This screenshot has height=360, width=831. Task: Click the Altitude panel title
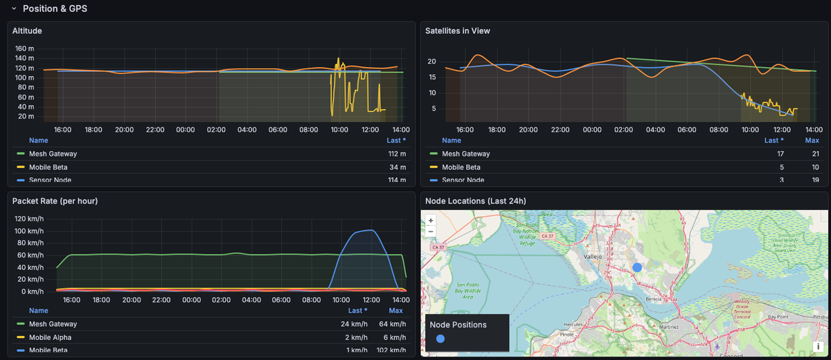click(27, 30)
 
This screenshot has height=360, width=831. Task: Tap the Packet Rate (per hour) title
click(55, 201)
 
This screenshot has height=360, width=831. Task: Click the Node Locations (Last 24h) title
click(475, 201)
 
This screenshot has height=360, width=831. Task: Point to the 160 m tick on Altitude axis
click(25, 49)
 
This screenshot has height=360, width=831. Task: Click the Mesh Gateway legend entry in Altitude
click(53, 154)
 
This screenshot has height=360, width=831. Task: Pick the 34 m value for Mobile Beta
click(397, 167)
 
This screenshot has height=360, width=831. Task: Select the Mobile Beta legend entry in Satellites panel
click(462, 167)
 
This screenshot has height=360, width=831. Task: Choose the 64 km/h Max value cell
click(393, 324)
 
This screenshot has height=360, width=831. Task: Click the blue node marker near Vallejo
click(637, 267)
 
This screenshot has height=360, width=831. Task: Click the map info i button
click(818, 346)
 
